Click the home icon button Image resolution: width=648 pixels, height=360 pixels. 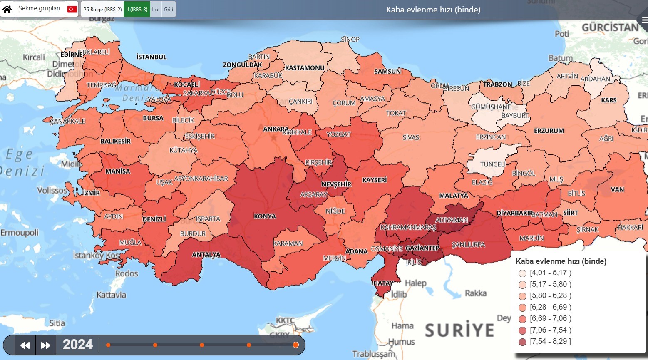[7, 9]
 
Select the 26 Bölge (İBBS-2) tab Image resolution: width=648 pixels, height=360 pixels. [102, 9]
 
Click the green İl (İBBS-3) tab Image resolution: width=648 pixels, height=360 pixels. [137, 9]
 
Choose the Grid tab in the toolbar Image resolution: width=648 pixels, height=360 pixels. [169, 9]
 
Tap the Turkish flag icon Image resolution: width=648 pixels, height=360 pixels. [72, 9]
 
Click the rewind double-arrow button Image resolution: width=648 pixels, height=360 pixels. [25, 345]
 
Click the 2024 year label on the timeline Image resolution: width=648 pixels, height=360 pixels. [78, 345]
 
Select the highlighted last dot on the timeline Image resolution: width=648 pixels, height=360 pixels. [295, 345]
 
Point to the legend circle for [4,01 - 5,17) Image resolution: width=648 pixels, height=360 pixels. [522, 273]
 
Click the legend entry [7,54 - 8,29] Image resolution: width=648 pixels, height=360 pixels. [550, 341]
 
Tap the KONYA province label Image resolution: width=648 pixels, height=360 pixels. [265, 216]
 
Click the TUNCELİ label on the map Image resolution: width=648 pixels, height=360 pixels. [493, 164]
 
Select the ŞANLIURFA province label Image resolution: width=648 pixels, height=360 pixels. [468, 245]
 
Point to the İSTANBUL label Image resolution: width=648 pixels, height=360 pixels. [151, 57]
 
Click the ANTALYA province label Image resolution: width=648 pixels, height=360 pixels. [206, 255]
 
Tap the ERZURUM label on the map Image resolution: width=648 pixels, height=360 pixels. [549, 131]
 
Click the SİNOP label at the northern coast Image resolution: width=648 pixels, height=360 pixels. [350, 40]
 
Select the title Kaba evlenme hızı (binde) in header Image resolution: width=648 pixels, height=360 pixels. [433, 10]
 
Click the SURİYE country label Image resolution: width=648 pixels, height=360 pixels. [459, 330]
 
